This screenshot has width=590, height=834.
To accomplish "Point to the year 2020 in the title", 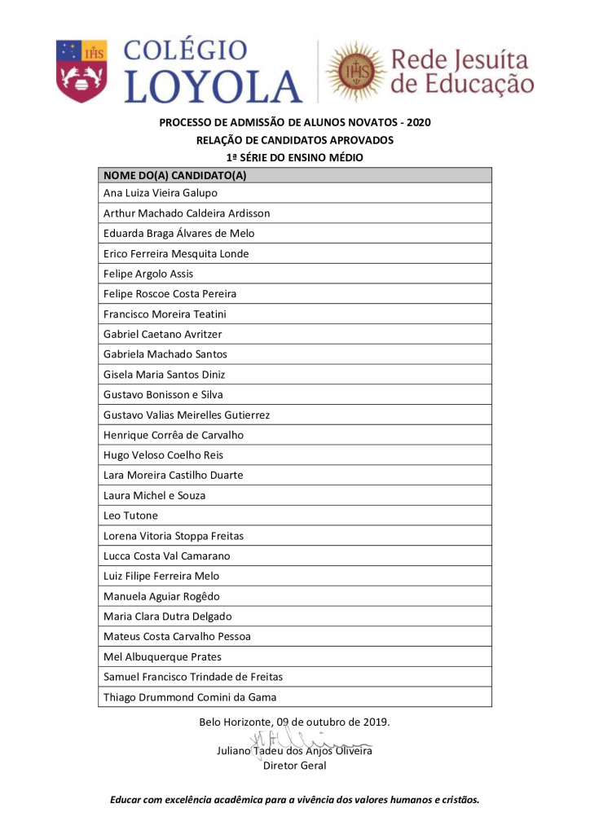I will click(x=416, y=123).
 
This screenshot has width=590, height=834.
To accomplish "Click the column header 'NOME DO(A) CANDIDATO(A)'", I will click(x=174, y=175).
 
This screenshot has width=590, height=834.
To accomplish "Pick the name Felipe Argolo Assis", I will click(x=148, y=274).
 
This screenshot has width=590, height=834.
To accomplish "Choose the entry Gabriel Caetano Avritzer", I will click(x=162, y=334).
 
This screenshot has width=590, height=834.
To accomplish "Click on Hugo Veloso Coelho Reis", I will click(x=163, y=455).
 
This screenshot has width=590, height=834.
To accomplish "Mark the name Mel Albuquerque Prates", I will click(x=162, y=656).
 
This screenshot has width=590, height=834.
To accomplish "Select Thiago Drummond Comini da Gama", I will click(x=190, y=697).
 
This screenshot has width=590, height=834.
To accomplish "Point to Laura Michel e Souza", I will click(x=154, y=495).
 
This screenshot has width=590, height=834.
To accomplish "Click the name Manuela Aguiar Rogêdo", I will click(x=161, y=596).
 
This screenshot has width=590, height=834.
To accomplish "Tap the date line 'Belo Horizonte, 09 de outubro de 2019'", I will click(x=294, y=722).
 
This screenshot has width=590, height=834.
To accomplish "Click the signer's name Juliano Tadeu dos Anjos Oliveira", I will click(x=294, y=751).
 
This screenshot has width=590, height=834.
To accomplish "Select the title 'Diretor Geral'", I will click(x=294, y=766).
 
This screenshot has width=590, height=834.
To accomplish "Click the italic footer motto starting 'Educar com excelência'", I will click(x=295, y=800).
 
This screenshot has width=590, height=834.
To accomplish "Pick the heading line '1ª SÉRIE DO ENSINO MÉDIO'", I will click(x=294, y=157).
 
